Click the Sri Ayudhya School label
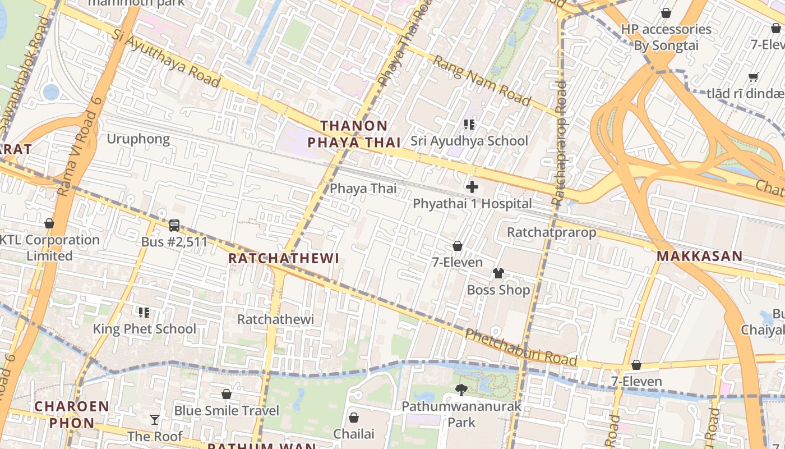point(469,141)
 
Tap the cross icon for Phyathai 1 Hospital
point(472,187)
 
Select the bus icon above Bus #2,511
point(174,226)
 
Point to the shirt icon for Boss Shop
point(498,273)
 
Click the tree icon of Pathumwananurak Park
point(461,389)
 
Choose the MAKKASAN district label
point(699,256)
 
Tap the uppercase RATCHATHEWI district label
point(284,258)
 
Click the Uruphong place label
point(138,139)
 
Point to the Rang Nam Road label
point(482,82)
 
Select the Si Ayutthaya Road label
point(167,58)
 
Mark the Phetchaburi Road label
point(521,348)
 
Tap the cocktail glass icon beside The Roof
point(154,420)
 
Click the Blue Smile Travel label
point(227,411)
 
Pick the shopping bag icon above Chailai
point(354,418)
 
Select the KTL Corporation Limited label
point(49,248)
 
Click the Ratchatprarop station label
point(551,232)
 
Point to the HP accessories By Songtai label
point(666,37)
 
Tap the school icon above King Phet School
point(144,312)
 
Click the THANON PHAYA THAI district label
point(353,134)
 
